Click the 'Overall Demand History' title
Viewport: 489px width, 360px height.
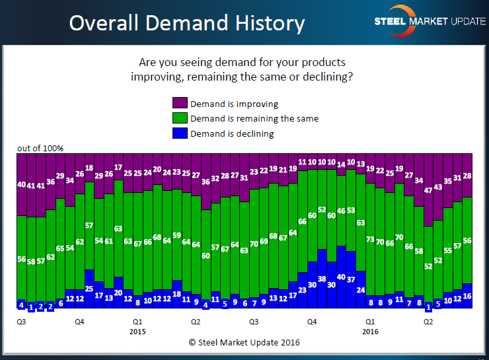coord(187,23)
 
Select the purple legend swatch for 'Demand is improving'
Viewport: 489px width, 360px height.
coord(180,104)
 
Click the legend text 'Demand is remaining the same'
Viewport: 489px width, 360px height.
coord(254,119)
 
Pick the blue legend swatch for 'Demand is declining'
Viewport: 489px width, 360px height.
coord(180,133)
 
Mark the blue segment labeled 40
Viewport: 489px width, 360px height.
coord(341,278)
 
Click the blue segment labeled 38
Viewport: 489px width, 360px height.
coord(322,279)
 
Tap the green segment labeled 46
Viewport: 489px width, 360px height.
coord(341,211)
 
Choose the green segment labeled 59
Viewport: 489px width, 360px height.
coord(176,235)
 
